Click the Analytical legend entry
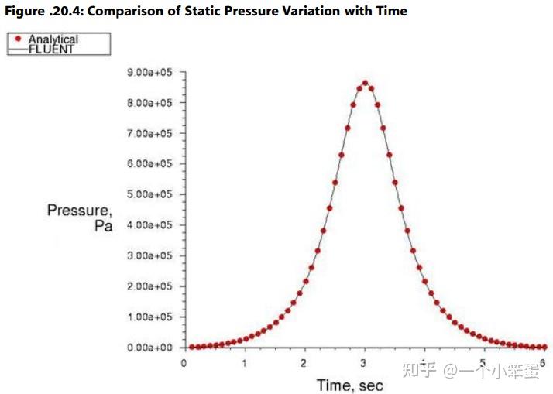[53, 39]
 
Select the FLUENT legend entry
[52, 49]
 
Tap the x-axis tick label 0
[184, 362]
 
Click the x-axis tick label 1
[244, 362]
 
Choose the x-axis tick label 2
[304, 362]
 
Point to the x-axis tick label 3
[364, 362]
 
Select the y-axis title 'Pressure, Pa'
[80, 218]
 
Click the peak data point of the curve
[365, 83]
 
